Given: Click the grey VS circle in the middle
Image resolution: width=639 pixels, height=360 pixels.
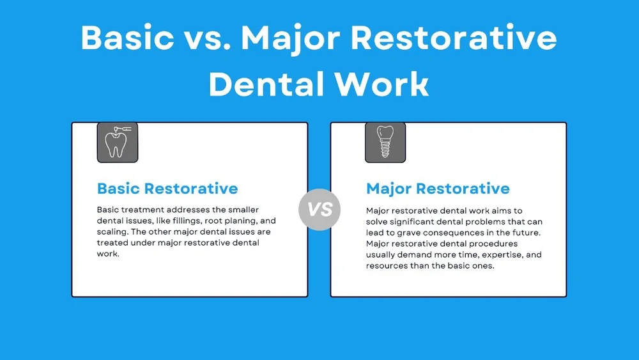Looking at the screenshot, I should tap(319, 209).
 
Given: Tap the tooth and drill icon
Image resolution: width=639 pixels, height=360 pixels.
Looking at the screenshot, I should tap(117, 142).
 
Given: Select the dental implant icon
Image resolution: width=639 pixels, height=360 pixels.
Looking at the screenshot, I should tap(385, 142).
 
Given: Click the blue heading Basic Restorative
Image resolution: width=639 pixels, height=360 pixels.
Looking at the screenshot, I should tap(167, 189).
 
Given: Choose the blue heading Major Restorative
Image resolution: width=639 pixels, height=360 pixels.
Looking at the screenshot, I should tap(438, 189).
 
